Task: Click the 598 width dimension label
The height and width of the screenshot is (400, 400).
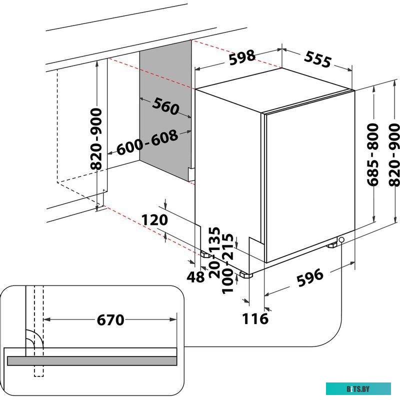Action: pyautogui.click(x=242, y=58)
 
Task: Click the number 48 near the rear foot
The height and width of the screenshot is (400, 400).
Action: pyautogui.click(x=195, y=276)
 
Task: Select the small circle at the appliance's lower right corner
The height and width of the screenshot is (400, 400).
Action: pyautogui.click(x=341, y=240)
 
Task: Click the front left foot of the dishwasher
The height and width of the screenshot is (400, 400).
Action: pyautogui.click(x=245, y=274)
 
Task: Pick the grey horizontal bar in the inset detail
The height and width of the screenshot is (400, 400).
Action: pyautogui.click(x=92, y=360)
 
